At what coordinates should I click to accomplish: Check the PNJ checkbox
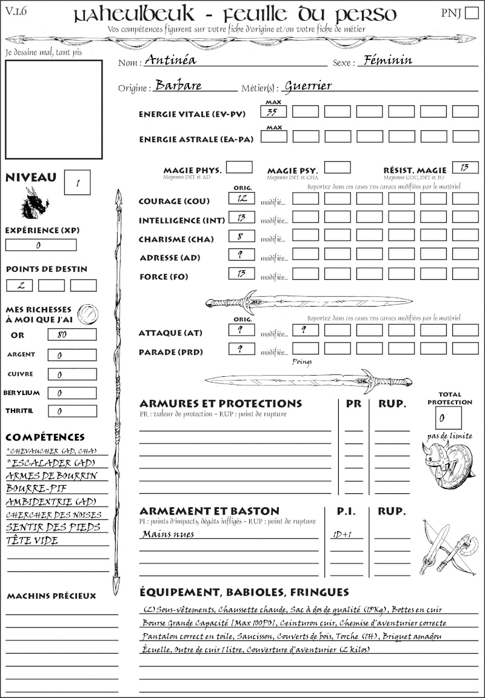click(470, 14)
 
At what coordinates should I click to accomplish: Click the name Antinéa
click(171, 61)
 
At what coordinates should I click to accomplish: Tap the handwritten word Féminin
click(385, 60)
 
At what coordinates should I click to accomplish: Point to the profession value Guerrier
click(308, 85)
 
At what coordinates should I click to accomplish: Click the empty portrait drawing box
click(53, 108)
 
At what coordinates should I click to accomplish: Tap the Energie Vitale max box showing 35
click(273, 111)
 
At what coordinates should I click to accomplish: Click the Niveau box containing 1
click(77, 182)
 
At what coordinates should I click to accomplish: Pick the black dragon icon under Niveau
click(35, 202)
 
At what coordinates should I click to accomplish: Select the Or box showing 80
click(72, 334)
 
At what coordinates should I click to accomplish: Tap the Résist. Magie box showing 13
click(465, 167)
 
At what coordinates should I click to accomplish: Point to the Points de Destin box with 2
click(19, 285)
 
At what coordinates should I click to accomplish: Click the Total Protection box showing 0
click(448, 417)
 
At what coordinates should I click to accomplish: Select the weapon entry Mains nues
click(168, 534)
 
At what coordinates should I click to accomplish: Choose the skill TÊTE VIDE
click(32, 540)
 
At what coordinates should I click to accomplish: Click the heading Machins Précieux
click(51, 596)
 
